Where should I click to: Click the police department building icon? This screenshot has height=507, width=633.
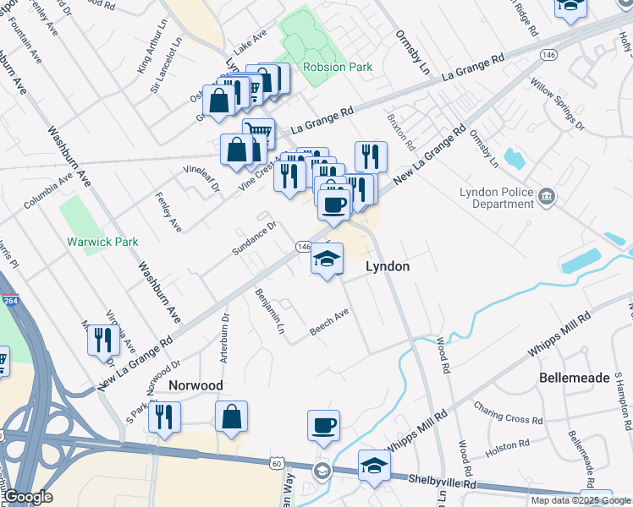click(x=548, y=199)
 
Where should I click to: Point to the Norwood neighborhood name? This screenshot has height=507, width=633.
click(x=195, y=385)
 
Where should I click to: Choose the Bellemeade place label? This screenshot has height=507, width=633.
click(x=574, y=378)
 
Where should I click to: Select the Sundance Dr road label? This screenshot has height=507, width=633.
click(x=255, y=237)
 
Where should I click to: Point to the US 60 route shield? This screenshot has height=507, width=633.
click(x=278, y=462)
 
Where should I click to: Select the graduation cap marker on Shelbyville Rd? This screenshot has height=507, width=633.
click(x=374, y=466)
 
